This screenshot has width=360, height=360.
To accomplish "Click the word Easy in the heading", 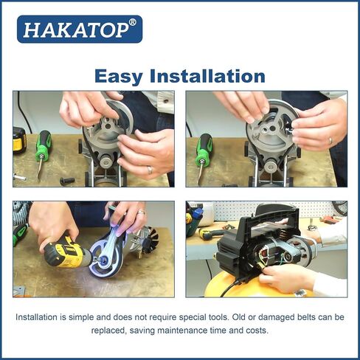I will pyautogui.click(x=121, y=76).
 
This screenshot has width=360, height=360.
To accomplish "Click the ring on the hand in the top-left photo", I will pyautogui.click(x=149, y=169).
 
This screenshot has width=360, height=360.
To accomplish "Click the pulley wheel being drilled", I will pyautogui.click(x=103, y=258).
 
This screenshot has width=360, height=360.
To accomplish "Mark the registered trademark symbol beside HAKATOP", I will pyautogui.click(x=132, y=22).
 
